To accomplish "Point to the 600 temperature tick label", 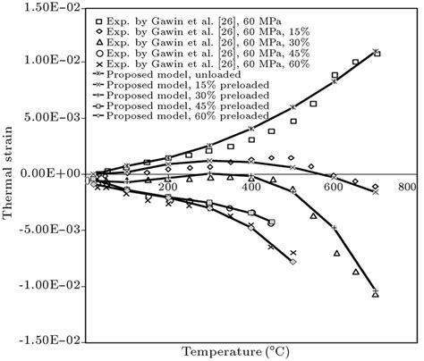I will pos(333,187).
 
